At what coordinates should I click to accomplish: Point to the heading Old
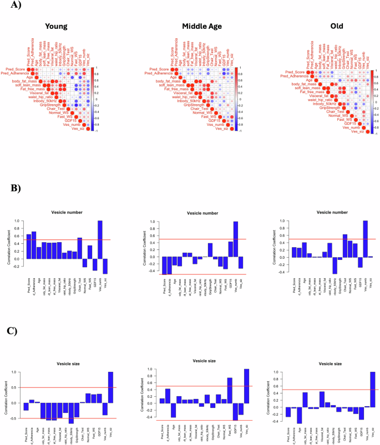[336, 26]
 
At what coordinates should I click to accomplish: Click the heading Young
[57, 26]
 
